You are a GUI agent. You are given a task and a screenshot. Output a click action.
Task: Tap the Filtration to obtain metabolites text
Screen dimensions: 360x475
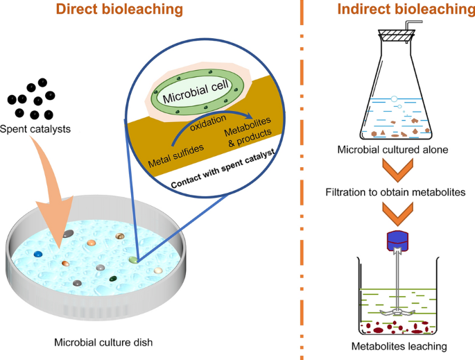pyautogui.click(x=395, y=191)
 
